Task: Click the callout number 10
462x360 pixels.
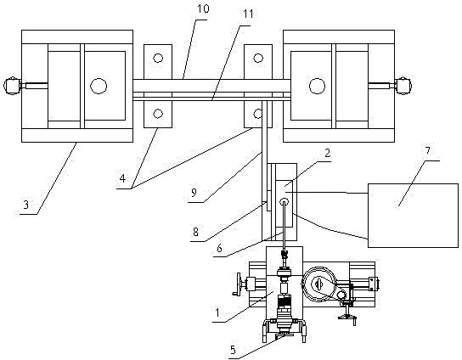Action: [203, 8]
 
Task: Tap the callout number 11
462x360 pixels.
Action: [248, 14]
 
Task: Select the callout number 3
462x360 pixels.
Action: [26, 205]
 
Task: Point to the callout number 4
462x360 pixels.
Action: [122, 178]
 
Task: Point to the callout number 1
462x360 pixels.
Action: [217, 312]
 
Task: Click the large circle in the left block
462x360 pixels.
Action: [99, 86]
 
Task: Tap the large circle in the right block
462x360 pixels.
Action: [317, 86]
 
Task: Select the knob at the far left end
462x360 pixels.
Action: [12, 86]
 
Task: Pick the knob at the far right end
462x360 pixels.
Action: [404, 86]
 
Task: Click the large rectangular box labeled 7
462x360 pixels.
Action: [413, 216]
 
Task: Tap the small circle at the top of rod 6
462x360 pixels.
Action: [285, 201]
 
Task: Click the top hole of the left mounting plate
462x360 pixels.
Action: [158, 58]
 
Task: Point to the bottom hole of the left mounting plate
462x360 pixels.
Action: [158, 114]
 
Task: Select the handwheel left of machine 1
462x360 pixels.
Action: [238, 284]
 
